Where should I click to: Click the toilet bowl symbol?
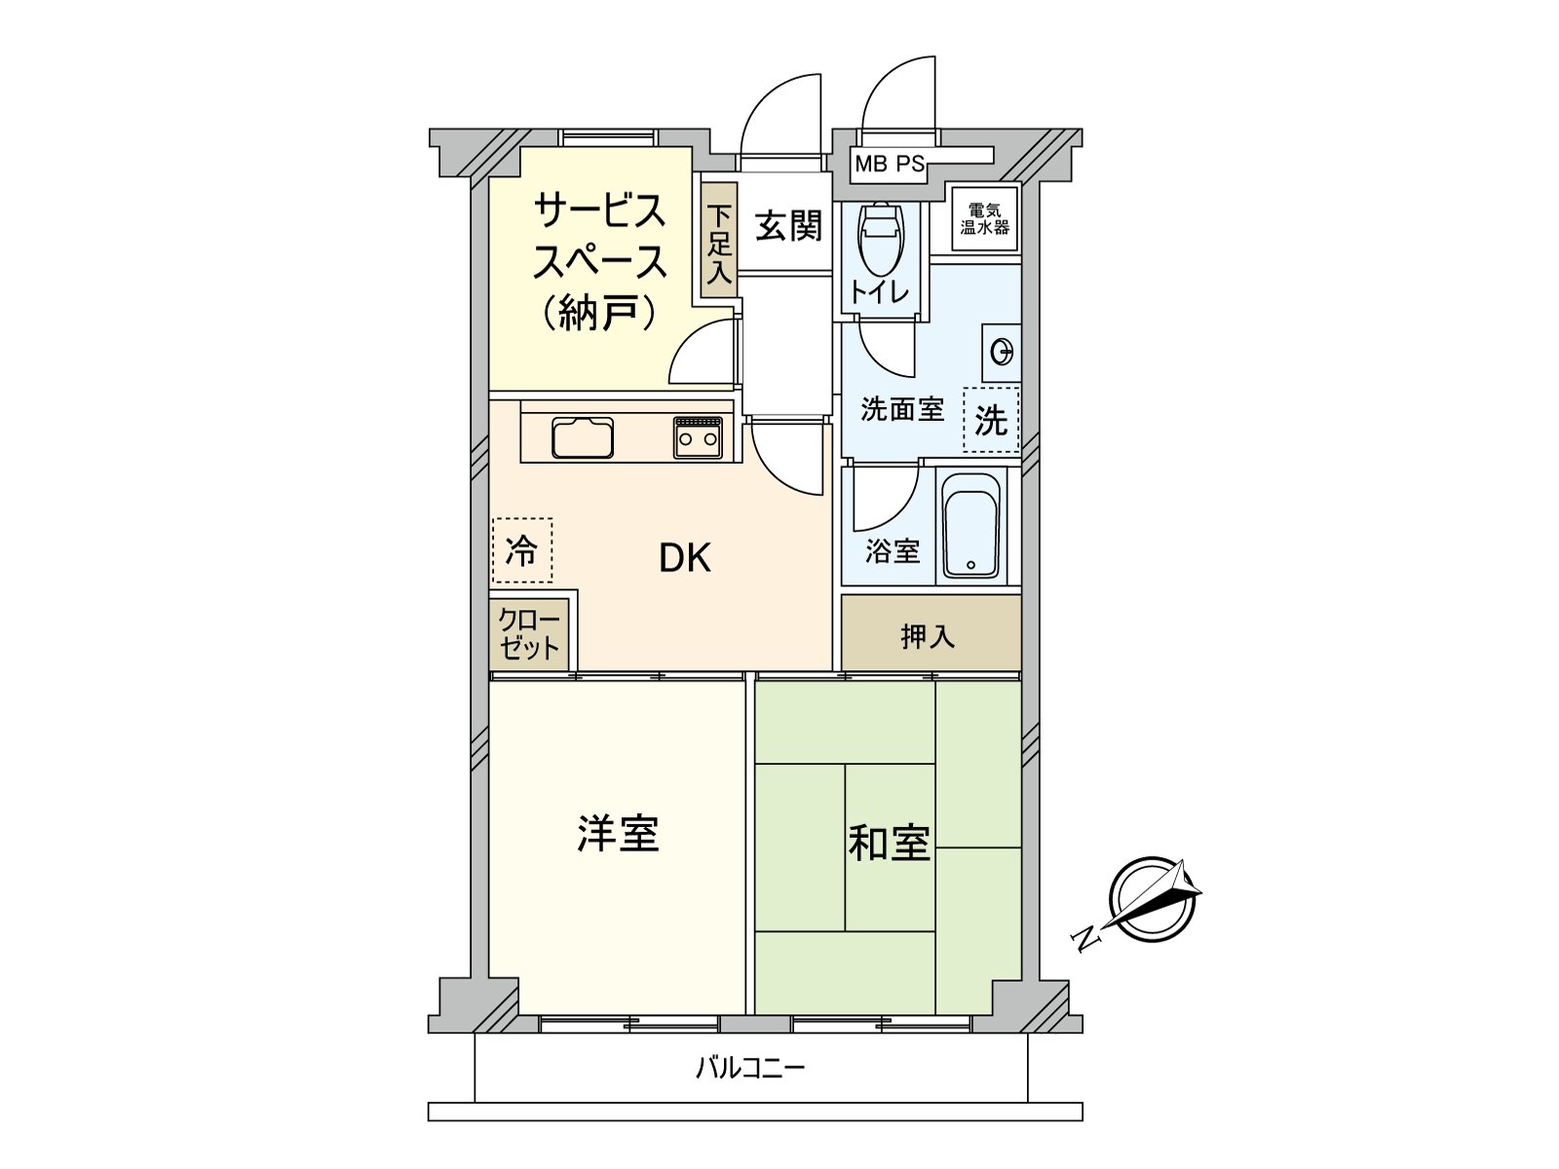click(881, 238)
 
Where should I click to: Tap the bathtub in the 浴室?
click(970, 526)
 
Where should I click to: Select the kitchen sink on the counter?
click(583, 438)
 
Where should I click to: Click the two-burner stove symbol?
click(699, 438)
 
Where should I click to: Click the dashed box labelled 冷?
click(522, 550)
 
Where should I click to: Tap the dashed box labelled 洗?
click(992, 420)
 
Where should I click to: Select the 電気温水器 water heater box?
click(984, 218)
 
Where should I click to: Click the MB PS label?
click(890, 164)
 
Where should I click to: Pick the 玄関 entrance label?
click(788, 226)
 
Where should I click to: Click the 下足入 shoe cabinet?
click(719, 240)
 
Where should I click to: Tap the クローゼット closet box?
click(529, 634)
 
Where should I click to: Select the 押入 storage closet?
click(932, 632)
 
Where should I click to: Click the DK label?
click(685, 558)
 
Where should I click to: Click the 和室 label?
click(890, 844)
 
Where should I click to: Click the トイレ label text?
click(879, 291)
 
